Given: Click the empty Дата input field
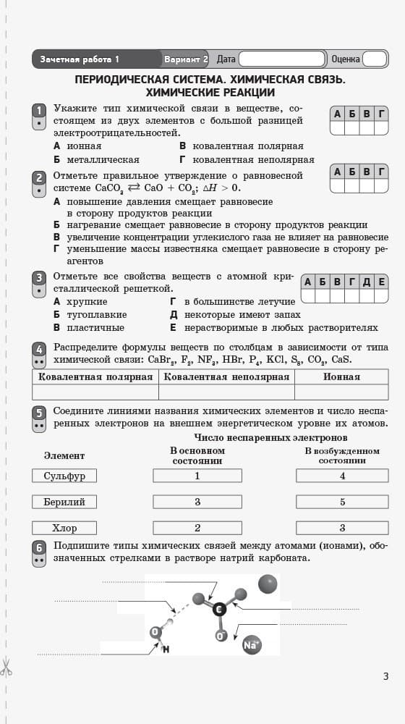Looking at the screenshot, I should coord(282,59).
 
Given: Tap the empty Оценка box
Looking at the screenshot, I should coord(374,59).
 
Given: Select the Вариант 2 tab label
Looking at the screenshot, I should coord(186,59).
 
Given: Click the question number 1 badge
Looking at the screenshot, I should coord(39,110).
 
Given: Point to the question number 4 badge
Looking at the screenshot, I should coord(39,350).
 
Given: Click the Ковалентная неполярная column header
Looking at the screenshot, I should coord(226,376).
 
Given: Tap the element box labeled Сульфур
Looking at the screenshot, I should coord(64,476).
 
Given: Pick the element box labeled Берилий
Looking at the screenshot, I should coord(64,502).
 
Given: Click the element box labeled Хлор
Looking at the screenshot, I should coord(64,528).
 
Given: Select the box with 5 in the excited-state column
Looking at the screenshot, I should coord(342,502).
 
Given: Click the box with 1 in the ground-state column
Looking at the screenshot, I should coord(197,476).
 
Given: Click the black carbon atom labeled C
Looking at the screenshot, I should coord(218,610).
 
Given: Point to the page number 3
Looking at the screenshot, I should coord(385,676).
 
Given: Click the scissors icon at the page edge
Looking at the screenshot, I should coord(7,667).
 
